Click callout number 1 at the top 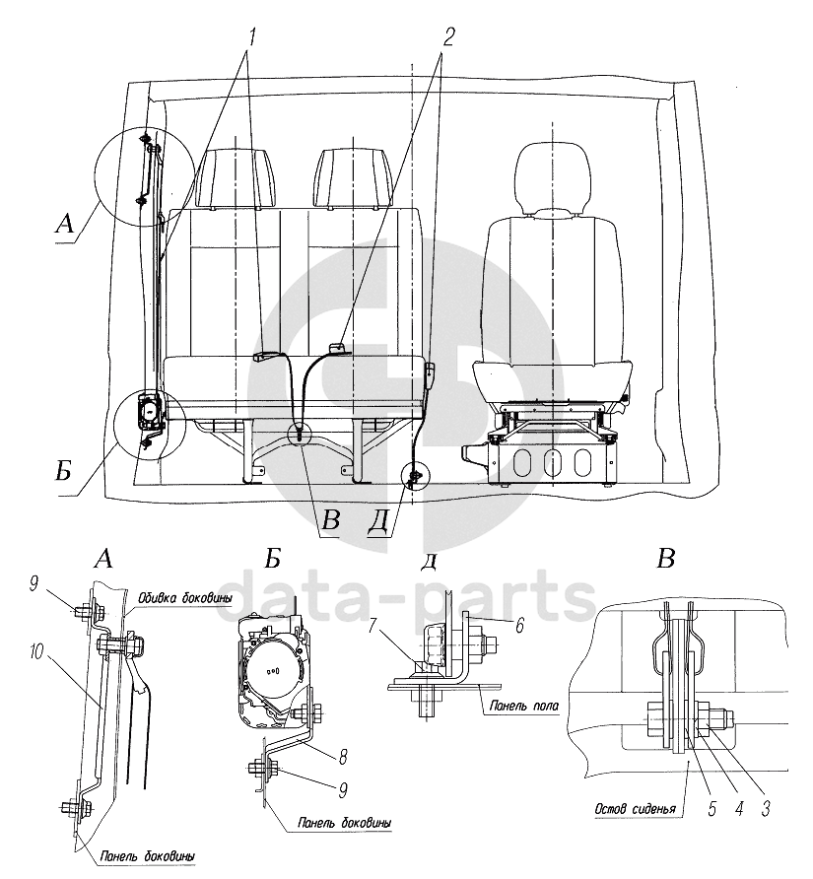(251, 37)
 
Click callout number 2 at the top (447, 37)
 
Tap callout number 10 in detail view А (37, 653)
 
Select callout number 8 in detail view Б (343, 757)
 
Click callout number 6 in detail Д (519, 625)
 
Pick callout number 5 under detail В (712, 808)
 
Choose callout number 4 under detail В (738, 808)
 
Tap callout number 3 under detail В (766, 808)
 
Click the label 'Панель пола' (523, 706)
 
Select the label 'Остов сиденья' (635, 809)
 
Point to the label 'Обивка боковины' (185, 598)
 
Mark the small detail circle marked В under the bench (300, 433)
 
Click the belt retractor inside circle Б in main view (149, 410)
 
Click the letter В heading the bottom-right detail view (666, 559)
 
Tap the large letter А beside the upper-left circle (66, 225)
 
